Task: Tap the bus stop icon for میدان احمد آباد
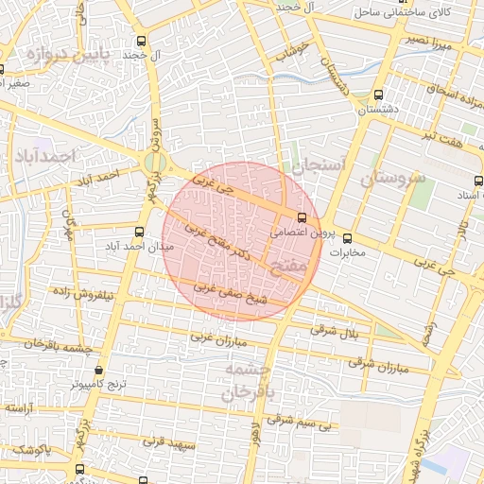(140, 232)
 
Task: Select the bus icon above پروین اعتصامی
(302, 217)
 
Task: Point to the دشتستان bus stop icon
(378, 95)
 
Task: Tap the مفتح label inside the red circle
(288, 268)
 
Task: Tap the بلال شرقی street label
(337, 331)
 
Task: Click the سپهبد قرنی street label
(168, 441)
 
